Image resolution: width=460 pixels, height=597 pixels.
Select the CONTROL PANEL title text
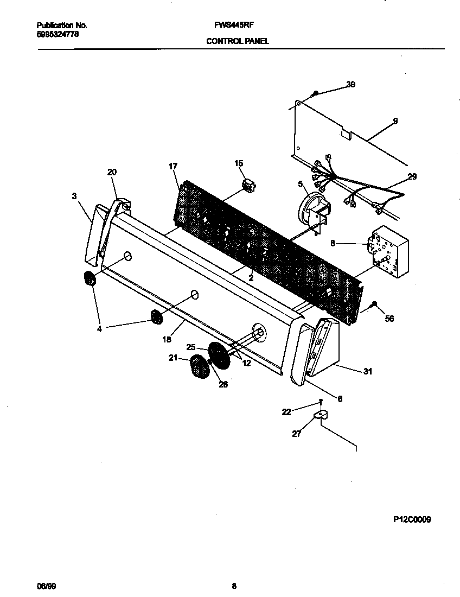(x=237, y=41)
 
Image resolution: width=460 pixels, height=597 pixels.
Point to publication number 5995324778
(x=58, y=34)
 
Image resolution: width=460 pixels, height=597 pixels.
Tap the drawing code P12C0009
(x=412, y=519)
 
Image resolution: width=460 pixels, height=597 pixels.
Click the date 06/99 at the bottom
(x=46, y=586)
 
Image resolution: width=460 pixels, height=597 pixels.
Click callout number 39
(x=350, y=84)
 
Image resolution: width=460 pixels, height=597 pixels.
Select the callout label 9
(x=395, y=120)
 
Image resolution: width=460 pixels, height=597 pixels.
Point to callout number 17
(x=173, y=167)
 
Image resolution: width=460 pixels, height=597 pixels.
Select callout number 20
(x=112, y=172)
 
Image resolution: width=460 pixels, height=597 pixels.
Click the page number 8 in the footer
(x=234, y=586)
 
